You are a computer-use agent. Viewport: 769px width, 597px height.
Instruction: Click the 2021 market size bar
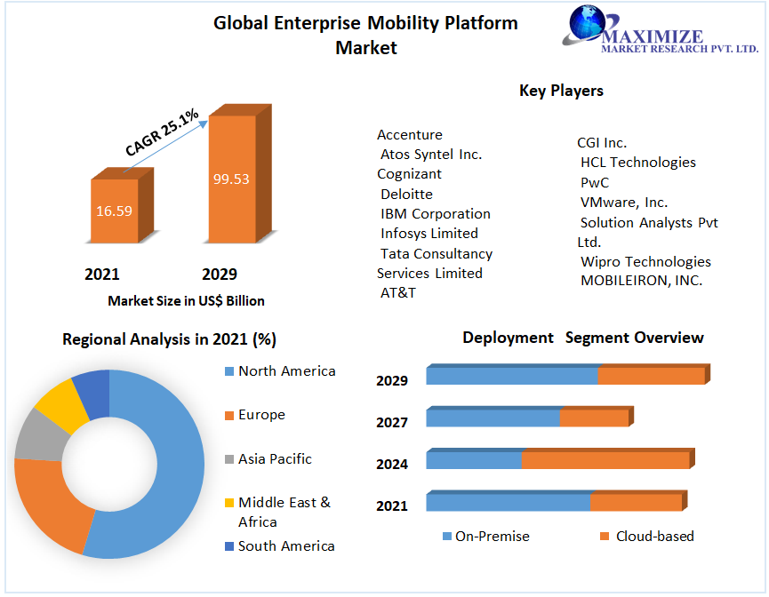point(115,211)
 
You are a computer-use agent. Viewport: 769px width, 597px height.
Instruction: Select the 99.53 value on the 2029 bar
point(231,179)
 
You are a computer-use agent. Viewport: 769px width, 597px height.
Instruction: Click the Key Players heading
point(561,91)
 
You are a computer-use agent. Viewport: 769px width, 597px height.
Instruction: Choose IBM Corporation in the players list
point(436,214)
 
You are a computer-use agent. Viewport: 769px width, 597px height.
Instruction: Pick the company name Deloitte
point(406,195)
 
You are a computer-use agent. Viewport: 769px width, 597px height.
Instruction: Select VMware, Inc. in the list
point(624,203)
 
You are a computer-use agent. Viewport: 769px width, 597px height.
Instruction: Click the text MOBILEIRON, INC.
point(641,281)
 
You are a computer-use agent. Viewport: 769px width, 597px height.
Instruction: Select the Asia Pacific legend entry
point(275,459)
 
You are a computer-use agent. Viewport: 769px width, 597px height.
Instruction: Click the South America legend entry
point(286,546)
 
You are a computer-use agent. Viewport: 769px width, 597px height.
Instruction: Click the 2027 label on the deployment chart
point(392,423)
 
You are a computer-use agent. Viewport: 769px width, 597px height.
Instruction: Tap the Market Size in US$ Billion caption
point(186,301)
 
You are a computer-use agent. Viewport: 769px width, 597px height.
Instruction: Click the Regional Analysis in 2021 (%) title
point(169,339)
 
